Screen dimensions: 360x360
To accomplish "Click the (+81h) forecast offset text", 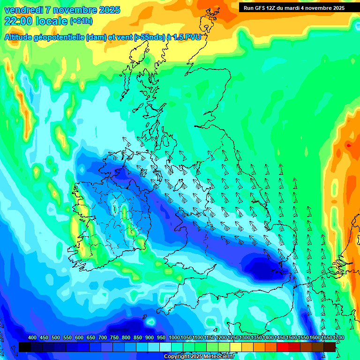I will (81, 21).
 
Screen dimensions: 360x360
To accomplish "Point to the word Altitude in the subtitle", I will (20, 37).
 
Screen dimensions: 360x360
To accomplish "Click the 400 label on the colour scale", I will (32, 338).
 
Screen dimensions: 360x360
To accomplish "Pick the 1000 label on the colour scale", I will (174, 338).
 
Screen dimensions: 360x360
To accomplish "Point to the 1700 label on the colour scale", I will (327, 338).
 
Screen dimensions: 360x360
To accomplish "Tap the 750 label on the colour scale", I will (114, 338).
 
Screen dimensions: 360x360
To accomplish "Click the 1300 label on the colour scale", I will (245, 338).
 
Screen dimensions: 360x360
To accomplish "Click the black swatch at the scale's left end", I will (25, 347).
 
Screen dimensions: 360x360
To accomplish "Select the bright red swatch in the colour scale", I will (283, 347).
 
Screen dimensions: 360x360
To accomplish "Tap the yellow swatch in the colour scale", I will (236, 347).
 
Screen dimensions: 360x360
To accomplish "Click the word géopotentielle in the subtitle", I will (61, 37).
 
